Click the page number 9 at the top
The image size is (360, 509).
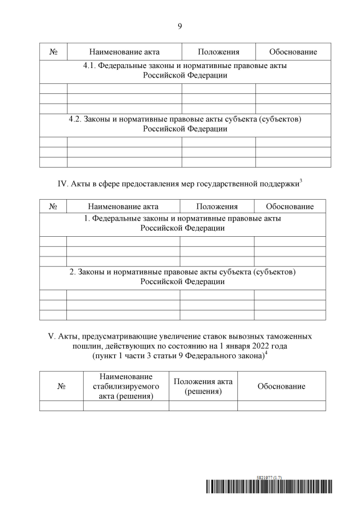[x=180, y=26]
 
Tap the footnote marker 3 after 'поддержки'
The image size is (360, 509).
[x=301, y=180]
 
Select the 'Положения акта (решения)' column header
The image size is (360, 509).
[x=203, y=386]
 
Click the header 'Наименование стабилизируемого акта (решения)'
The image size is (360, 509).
[x=126, y=386]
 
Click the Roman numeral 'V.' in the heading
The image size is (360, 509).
[x=53, y=336]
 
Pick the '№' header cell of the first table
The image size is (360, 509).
[x=53, y=52]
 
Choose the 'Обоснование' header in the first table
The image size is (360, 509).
[x=292, y=52]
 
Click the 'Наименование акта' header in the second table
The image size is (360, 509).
[x=123, y=206]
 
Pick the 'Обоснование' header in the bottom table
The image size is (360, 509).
[x=281, y=386]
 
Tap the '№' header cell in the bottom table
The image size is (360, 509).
[x=61, y=386]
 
